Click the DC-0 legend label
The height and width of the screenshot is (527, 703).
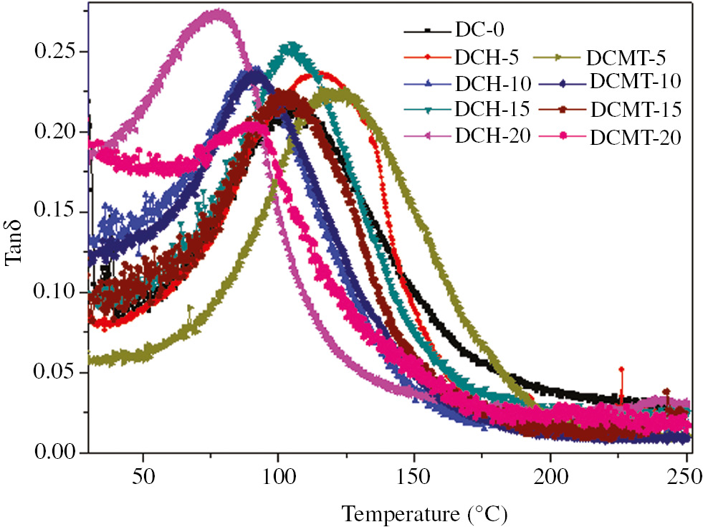pos(476,32)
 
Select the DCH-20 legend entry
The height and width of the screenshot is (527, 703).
pos(492,136)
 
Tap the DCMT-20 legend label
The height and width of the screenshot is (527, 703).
pos(633,137)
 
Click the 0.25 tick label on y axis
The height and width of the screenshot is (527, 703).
pos(55,52)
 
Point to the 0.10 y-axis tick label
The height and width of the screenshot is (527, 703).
pos(55,293)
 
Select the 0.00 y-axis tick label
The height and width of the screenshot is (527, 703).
pos(55,452)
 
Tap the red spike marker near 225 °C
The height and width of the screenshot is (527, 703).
pos(621,369)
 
